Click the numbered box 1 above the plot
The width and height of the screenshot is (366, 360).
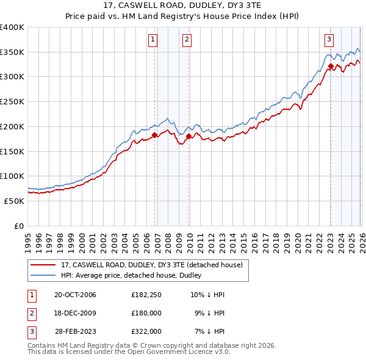pyautogui.click(x=152, y=40)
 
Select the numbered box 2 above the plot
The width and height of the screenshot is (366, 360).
pyautogui.click(x=186, y=40)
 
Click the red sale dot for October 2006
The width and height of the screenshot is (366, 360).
pyautogui.click(x=155, y=135)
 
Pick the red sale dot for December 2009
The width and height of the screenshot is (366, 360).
pyautogui.click(x=189, y=136)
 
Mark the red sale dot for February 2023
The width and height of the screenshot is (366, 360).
pyautogui.click(x=331, y=66)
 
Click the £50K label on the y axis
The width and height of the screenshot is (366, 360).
pyautogui.click(x=14, y=201)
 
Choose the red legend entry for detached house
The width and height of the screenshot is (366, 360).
pyautogui.click(x=152, y=265)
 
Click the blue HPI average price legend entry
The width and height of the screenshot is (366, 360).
pyautogui.click(x=135, y=276)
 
